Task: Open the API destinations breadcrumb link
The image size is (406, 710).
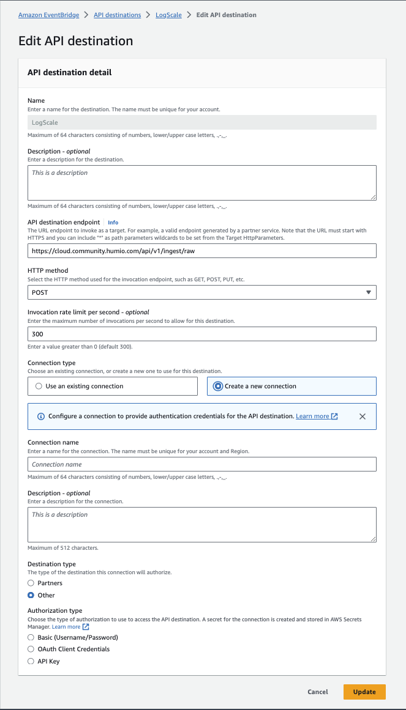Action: (x=117, y=15)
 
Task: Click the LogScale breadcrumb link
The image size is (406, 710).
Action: (x=170, y=15)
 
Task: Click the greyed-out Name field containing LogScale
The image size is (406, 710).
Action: (x=202, y=122)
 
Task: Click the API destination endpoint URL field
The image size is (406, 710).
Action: (x=202, y=251)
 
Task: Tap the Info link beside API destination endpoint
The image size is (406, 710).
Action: (x=113, y=223)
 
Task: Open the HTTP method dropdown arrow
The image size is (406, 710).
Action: (x=368, y=292)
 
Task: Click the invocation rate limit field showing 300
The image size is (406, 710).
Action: (x=202, y=334)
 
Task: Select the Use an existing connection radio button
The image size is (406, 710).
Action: (x=39, y=386)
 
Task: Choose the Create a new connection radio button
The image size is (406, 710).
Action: (x=217, y=386)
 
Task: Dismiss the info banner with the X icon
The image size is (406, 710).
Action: (x=363, y=416)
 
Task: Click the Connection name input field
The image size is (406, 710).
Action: (x=202, y=465)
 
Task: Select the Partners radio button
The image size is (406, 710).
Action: (x=31, y=583)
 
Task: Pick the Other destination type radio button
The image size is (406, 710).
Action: (x=31, y=595)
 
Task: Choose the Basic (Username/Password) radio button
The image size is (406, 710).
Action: (x=31, y=637)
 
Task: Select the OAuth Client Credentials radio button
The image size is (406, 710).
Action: (x=31, y=649)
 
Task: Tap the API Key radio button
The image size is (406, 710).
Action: (x=31, y=661)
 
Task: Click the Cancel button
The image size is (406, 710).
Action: (x=318, y=692)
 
